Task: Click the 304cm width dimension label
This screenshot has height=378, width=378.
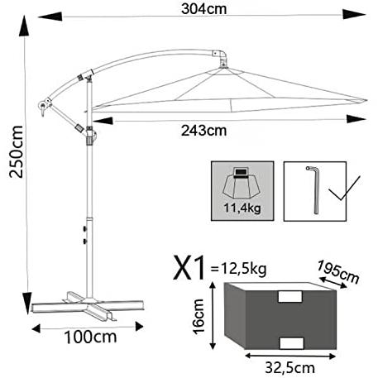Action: tap(204, 9)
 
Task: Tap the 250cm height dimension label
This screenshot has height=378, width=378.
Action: tap(16, 151)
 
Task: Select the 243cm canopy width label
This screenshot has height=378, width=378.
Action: tap(204, 131)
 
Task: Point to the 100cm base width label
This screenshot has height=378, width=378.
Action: tap(90, 337)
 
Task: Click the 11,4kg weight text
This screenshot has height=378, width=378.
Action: tap(242, 208)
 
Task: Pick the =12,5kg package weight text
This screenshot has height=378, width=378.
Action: tap(238, 269)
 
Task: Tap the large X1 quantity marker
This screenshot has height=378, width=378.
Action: tap(189, 268)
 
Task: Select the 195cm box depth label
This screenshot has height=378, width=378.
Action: tap(338, 272)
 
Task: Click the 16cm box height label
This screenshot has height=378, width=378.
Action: tap(199, 317)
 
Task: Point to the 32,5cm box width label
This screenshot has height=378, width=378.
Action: tap(290, 367)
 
